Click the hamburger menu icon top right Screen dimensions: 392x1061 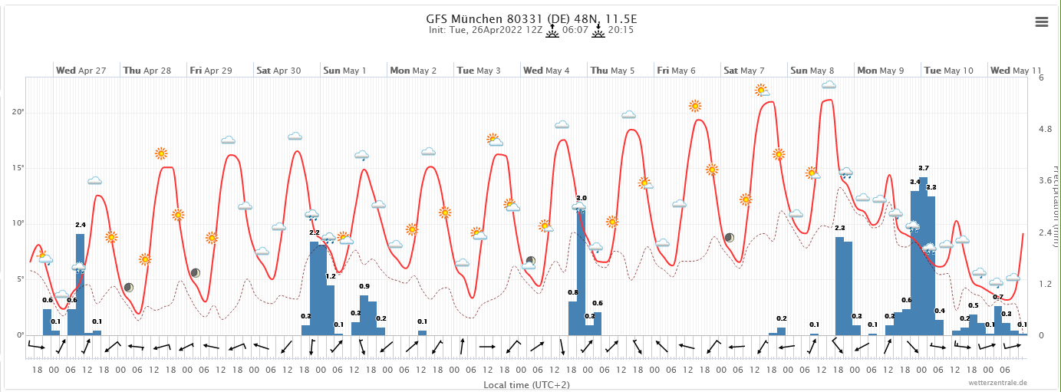click(1041, 21)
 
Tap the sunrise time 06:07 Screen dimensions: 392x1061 click(575, 31)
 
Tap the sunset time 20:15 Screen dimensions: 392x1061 click(621, 31)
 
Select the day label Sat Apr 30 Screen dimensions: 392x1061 click(278, 71)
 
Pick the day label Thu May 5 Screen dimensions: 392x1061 click(612, 71)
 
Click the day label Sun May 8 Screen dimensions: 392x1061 click(812, 71)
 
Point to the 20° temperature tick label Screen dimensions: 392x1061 click(18, 112)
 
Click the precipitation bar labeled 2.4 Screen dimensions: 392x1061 click(80, 284)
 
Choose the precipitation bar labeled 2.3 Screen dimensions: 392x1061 click(839, 286)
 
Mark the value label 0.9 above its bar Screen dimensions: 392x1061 click(364, 287)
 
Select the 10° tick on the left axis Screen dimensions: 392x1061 click(18, 223)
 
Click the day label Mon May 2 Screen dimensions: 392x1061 click(413, 71)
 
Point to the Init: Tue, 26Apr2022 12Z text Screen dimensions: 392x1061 click(486, 31)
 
